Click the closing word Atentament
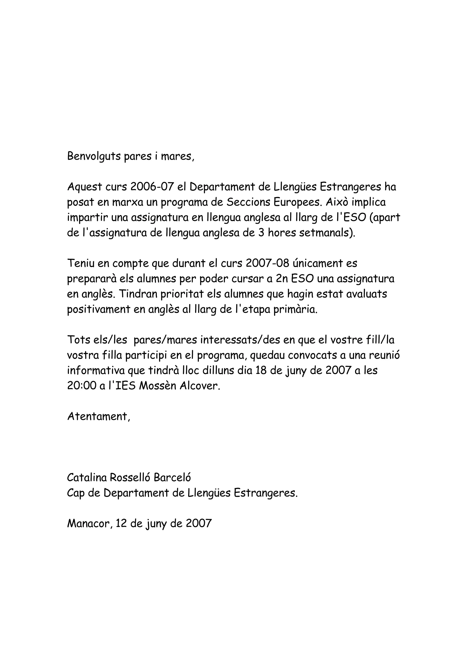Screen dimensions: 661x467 (99, 416)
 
